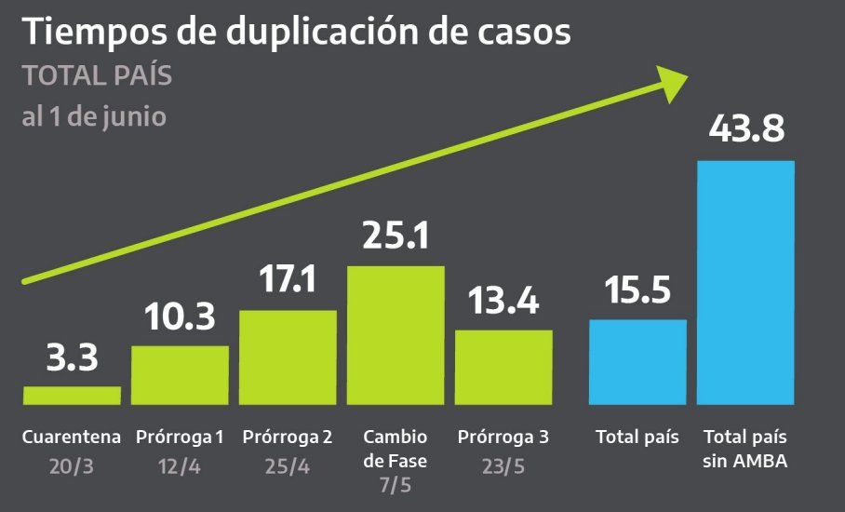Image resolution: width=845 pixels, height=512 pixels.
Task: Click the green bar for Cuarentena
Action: (x=72, y=396)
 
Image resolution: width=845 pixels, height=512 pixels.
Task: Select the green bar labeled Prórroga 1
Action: (x=180, y=375)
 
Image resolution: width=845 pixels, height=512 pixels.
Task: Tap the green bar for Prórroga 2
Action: (x=288, y=357)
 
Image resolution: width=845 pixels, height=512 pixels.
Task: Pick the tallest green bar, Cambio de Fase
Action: (x=396, y=335)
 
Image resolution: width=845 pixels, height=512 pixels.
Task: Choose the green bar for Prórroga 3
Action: (x=503, y=367)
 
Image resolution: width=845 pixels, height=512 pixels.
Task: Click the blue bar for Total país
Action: (x=638, y=362)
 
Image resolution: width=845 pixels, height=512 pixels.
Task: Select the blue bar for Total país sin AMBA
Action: (x=746, y=283)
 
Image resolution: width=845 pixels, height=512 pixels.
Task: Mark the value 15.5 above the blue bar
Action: (x=638, y=291)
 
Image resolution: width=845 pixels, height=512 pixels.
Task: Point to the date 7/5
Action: (x=396, y=484)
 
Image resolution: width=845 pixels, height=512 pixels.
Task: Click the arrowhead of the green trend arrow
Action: (x=672, y=83)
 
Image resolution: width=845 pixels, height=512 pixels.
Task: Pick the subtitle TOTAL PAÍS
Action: (x=97, y=76)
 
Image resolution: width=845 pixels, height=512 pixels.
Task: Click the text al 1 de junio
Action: (x=94, y=118)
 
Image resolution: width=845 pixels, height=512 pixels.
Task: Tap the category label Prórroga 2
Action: (x=288, y=437)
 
